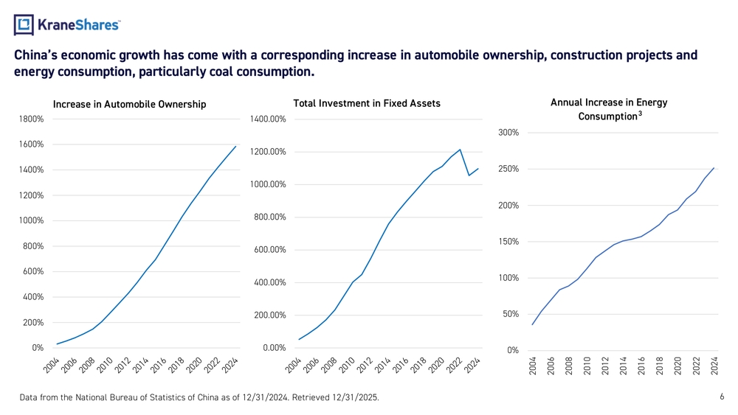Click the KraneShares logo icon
click(x=24, y=25)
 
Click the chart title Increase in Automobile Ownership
click(x=129, y=104)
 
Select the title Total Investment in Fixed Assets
click(x=367, y=103)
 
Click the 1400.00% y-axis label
click(x=268, y=119)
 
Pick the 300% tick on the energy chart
click(x=508, y=133)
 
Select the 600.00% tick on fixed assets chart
click(x=269, y=250)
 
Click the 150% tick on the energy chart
click(x=508, y=242)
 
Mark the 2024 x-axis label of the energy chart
click(x=714, y=366)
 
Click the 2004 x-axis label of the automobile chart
click(x=49, y=365)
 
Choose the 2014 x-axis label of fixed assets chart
click(x=382, y=365)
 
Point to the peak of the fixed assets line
click(x=460, y=150)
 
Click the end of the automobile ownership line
click(x=235, y=146)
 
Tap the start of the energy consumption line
click(x=532, y=324)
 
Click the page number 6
click(x=721, y=397)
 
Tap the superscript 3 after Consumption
click(x=639, y=113)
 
